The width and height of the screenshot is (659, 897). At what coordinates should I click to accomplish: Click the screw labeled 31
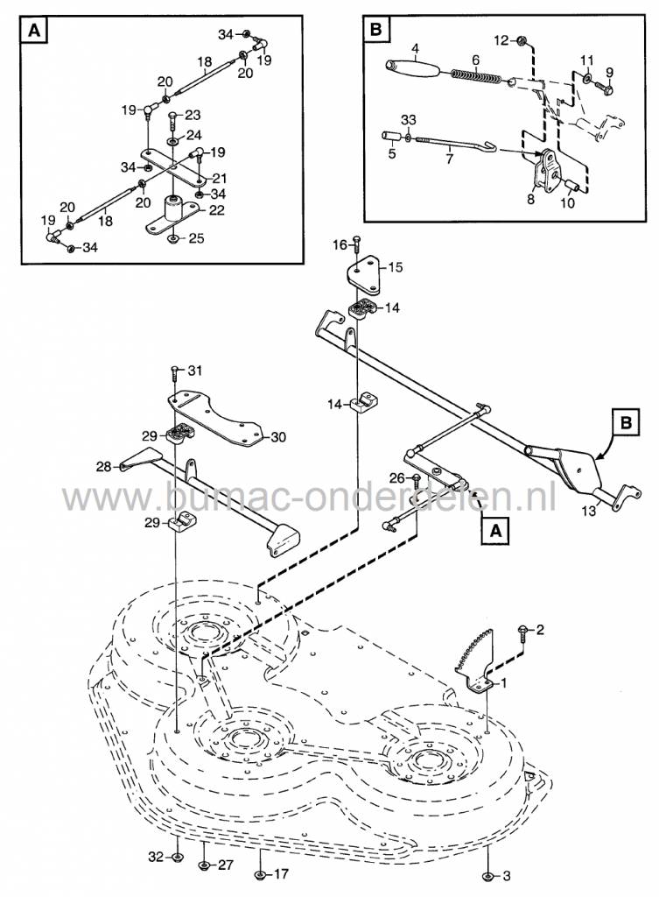point(175,373)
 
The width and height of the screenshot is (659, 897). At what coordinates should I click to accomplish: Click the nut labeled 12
point(522,39)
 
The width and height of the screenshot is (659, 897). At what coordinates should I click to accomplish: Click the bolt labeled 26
point(417,479)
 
